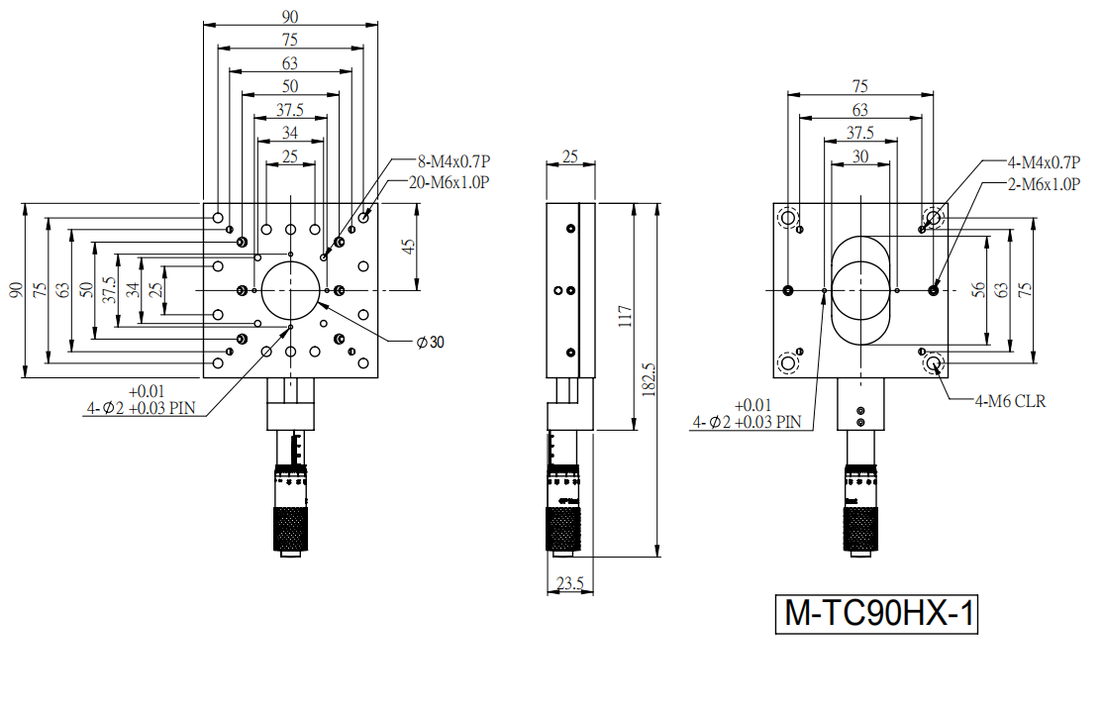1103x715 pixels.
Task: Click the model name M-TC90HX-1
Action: [x=878, y=614]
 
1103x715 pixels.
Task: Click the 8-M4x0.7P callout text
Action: [x=453, y=161]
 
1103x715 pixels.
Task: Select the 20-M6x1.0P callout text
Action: [x=449, y=182]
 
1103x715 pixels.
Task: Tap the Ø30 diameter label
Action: [x=431, y=342]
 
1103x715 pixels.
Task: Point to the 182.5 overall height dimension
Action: [x=649, y=380]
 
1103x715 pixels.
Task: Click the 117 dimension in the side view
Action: [x=625, y=316]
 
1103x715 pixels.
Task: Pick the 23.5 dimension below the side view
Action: [x=569, y=582]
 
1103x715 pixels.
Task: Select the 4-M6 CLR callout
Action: [x=1010, y=401]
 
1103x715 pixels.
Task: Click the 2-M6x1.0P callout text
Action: [x=1044, y=184]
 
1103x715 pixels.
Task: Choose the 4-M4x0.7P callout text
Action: [x=1044, y=162]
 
